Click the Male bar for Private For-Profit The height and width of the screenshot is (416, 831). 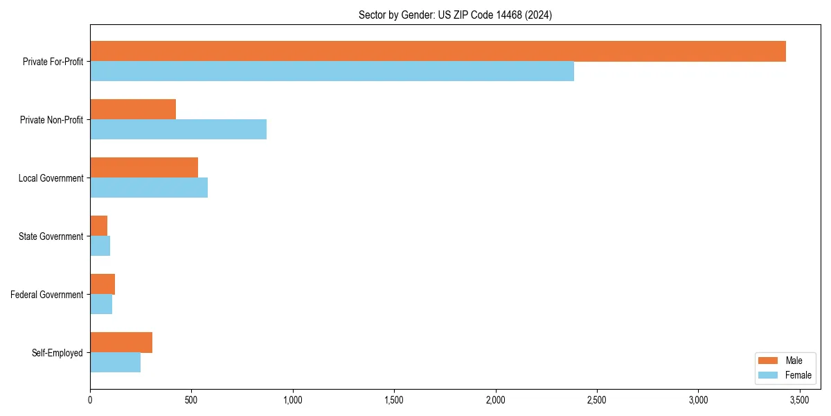coord(438,51)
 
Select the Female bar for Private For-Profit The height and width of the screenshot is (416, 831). coord(332,71)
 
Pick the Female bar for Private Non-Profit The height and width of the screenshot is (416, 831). coord(178,130)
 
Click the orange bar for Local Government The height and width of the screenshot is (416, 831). coord(144,168)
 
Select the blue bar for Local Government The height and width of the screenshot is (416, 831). coord(149,188)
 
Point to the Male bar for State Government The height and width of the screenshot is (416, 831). coord(98,226)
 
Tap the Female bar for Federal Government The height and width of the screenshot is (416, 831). coord(101,304)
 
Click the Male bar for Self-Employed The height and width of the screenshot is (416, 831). coord(121,343)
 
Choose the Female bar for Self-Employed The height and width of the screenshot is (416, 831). coord(115,363)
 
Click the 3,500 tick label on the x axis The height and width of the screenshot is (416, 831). coord(800,400)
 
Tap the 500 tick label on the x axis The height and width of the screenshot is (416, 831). coord(191,400)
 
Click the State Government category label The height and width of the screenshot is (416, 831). coord(51,236)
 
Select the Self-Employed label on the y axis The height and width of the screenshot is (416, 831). coord(57,353)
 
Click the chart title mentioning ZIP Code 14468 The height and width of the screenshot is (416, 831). coord(455,15)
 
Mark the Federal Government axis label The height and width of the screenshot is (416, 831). coord(47,295)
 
